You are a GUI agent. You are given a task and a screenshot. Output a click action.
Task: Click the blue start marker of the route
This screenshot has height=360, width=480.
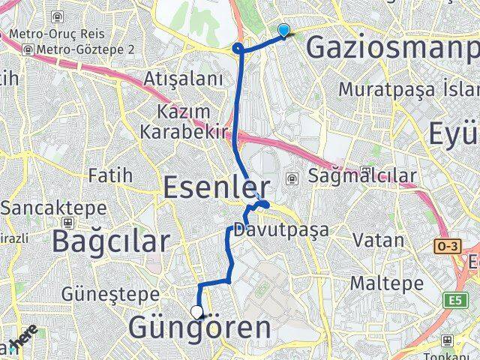click(x=283, y=30)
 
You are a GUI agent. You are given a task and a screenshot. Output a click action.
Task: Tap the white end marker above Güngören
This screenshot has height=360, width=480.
click(x=197, y=312)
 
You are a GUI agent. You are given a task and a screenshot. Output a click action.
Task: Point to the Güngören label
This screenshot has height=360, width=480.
click(x=199, y=328)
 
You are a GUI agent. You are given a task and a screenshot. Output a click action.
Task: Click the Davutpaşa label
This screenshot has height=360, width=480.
click(x=281, y=229)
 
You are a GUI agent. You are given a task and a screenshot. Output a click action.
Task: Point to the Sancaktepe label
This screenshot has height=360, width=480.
click(x=35, y=208)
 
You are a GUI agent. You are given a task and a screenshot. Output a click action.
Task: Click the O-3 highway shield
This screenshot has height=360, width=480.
click(x=446, y=245)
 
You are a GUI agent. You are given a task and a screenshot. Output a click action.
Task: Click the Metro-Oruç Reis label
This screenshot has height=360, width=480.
click(x=62, y=34)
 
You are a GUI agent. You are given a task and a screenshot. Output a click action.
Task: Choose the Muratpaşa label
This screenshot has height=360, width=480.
click(x=385, y=88)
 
